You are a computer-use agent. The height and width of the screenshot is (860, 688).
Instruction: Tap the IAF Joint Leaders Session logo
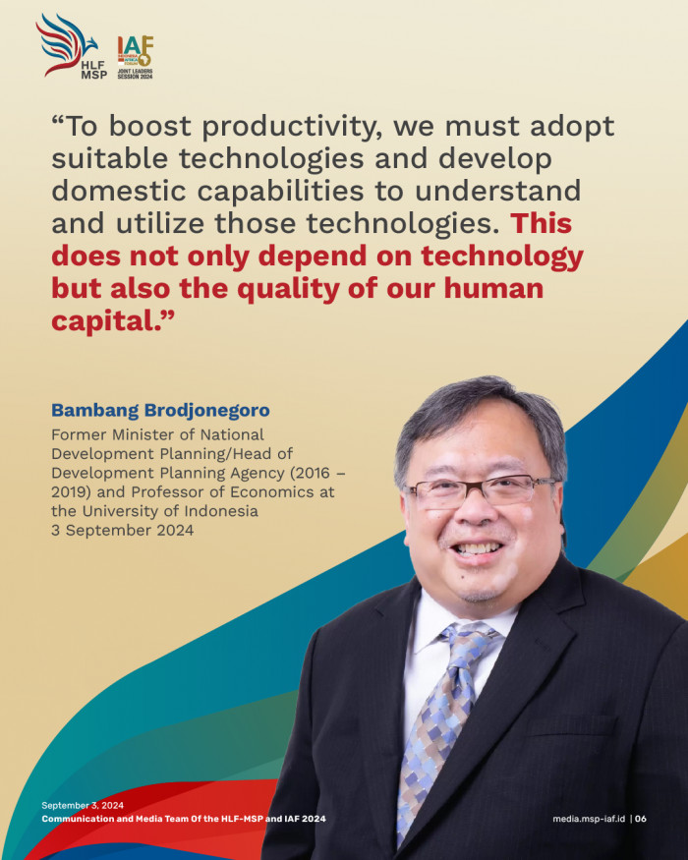click(x=135, y=58)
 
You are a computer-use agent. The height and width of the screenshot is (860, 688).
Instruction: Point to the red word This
click(x=542, y=223)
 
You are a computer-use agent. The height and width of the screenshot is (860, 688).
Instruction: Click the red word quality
click(x=289, y=290)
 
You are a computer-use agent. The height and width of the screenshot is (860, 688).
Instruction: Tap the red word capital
click(x=106, y=322)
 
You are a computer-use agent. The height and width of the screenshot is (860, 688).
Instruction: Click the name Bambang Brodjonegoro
click(x=160, y=410)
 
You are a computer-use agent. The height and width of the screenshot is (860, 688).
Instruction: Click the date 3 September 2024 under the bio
click(x=122, y=531)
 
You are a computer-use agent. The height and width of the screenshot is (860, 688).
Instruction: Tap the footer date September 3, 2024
click(x=83, y=805)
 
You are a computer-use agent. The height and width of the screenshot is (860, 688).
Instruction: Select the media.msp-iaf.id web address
click(x=589, y=819)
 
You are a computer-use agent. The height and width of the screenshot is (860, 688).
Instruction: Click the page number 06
click(x=641, y=819)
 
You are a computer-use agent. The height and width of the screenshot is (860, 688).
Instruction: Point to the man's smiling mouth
click(x=477, y=548)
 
